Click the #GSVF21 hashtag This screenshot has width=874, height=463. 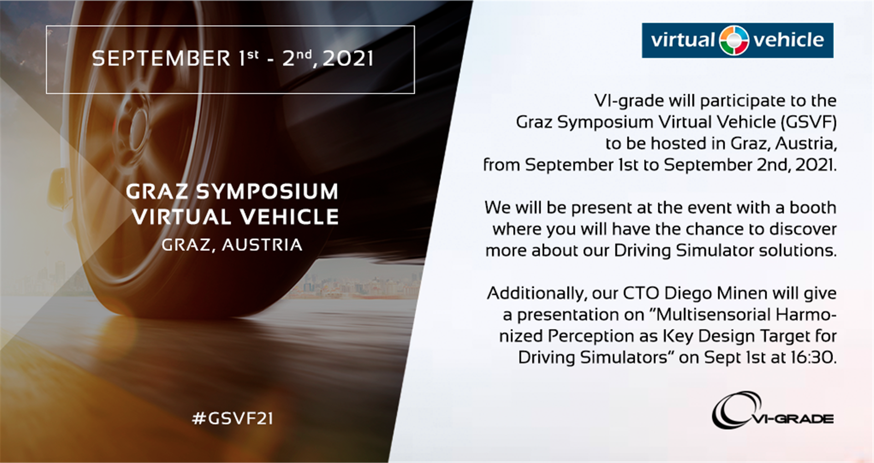coord(233,418)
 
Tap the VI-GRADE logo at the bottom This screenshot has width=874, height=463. coord(772,410)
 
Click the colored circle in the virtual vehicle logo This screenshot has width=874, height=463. coord(734,40)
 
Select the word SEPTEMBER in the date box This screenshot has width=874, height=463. coord(161,58)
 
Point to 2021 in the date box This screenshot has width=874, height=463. coord(348,58)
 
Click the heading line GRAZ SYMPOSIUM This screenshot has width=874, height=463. coord(232,191)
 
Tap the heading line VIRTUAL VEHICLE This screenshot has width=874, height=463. coord(235,217)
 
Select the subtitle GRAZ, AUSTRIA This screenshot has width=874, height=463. coord(232,245)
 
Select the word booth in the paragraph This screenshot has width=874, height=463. coord(813,208)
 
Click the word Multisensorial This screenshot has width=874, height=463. coord(714,315)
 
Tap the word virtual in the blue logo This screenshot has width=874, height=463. coord(682,40)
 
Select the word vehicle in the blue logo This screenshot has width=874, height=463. coord(788,40)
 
